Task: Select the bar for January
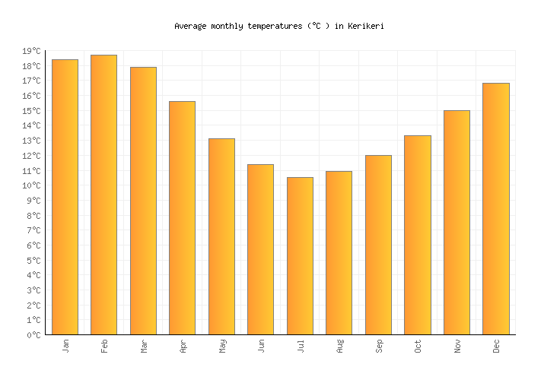tap(65, 197)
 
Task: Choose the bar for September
tap(378, 245)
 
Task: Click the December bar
tap(496, 208)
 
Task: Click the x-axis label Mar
tap(144, 346)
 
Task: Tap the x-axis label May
tap(222, 346)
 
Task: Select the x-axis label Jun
tap(261, 346)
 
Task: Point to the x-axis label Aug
tap(339, 346)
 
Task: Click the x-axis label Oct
tap(418, 346)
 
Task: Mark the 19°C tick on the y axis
tap(33, 51)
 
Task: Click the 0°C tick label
tap(33, 335)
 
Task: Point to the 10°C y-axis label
tap(33, 185)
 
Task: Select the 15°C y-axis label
tap(33, 111)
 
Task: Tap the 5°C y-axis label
tap(33, 261)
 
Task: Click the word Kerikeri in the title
tap(366, 26)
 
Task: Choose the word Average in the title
tap(190, 26)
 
